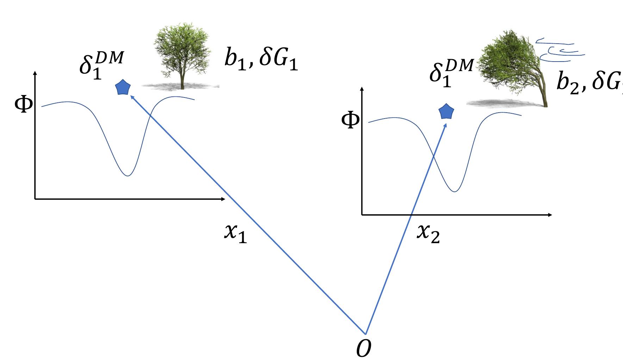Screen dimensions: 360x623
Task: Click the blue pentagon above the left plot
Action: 123,88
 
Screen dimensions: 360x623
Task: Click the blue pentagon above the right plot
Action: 446,112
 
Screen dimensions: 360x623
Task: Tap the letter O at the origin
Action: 364,349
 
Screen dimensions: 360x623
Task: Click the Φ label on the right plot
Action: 350,120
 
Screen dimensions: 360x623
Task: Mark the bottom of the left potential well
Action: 127,175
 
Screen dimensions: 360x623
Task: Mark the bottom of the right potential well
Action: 455,191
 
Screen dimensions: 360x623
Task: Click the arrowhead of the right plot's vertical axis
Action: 362,88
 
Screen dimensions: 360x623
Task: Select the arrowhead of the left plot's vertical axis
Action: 35,73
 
